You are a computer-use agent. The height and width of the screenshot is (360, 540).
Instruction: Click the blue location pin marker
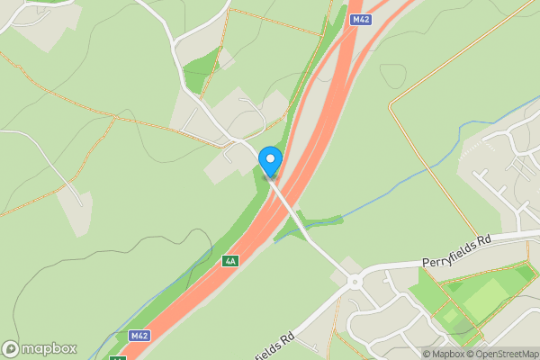(270, 162)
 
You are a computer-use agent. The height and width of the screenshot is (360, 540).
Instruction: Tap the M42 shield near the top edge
(361, 20)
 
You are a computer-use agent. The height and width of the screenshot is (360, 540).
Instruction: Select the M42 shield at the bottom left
(139, 336)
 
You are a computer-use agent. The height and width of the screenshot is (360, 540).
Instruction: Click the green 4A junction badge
(230, 261)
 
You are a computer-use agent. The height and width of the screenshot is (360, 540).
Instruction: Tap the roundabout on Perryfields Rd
(355, 281)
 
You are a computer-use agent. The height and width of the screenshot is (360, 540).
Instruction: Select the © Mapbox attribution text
(444, 354)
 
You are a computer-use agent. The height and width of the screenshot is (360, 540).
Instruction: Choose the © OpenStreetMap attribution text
(502, 354)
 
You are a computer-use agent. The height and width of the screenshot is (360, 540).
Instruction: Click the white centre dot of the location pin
(270, 159)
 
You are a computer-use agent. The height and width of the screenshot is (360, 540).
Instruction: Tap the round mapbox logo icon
(11, 348)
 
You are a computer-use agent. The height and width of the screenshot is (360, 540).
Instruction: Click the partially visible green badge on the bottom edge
(118, 357)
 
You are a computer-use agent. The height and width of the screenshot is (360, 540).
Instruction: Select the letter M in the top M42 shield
(355, 20)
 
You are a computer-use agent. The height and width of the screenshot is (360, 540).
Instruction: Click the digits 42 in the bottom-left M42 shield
(142, 336)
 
